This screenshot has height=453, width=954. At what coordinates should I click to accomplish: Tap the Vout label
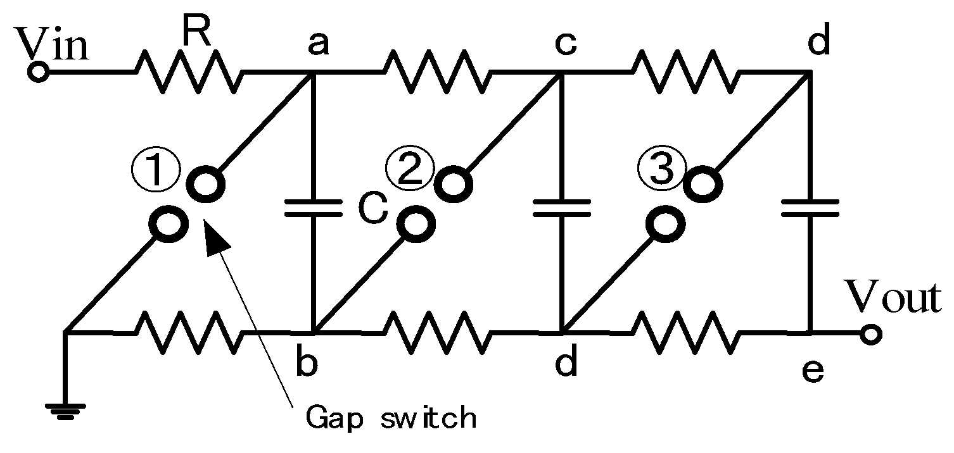pyautogui.click(x=895, y=297)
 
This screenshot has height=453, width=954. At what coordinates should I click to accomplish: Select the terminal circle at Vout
pyautogui.click(x=871, y=333)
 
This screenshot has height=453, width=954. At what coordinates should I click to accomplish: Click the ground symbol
pyautogui.click(x=65, y=410)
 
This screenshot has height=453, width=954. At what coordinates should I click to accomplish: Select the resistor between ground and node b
pyautogui.click(x=189, y=332)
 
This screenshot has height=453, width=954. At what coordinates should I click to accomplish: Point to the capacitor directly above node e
pyautogui.click(x=810, y=208)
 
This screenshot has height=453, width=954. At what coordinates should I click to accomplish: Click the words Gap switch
pyautogui.click(x=390, y=418)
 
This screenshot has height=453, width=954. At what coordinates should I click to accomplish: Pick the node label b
pyautogui.click(x=308, y=364)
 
